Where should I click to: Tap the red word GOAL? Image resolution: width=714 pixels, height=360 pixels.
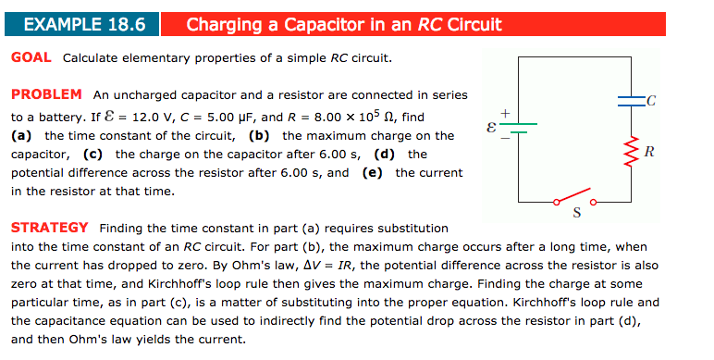(x=31, y=58)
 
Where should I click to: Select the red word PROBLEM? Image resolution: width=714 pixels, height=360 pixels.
(x=46, y=94)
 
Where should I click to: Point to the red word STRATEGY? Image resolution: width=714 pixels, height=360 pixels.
(x=49, y=227)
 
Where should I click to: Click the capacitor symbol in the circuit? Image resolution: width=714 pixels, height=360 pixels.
(x=633, y=98)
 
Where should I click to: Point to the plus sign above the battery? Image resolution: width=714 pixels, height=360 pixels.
(x=505, y=112)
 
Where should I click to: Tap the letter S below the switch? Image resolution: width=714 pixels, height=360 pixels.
(x=576, y=216)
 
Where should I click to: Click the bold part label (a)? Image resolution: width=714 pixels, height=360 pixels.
(x=22, y=136)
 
